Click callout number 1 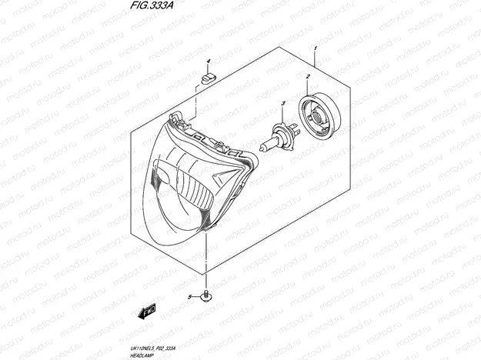[315, 48]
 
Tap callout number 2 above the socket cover [308, 77]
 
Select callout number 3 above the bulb [283, 103]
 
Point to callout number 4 [208, 61]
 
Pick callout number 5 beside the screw [189, 296]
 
